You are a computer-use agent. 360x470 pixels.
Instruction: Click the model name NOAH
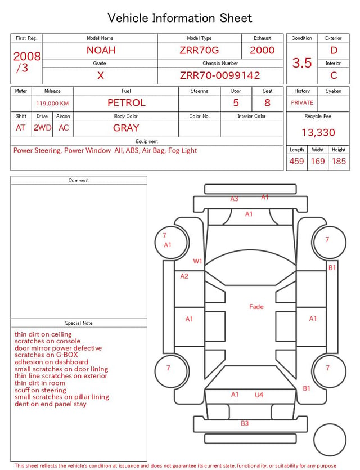[x=101, y=50]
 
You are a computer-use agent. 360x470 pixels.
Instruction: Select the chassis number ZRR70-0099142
[x=220, y=75]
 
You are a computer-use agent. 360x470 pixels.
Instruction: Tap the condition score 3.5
[x=302, y=63]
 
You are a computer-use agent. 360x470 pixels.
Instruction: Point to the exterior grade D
[x=334, y=50]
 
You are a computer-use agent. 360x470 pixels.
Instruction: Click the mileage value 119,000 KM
[x=52, y=104]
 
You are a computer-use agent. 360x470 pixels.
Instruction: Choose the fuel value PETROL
[x=127, y=103]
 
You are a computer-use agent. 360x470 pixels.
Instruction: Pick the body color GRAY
[x=126, y=128]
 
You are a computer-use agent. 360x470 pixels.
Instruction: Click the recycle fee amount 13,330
[x=318, y=132]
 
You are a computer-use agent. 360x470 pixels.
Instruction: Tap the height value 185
[x=339, y=161]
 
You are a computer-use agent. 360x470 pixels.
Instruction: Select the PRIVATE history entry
[x=302, y=102]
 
